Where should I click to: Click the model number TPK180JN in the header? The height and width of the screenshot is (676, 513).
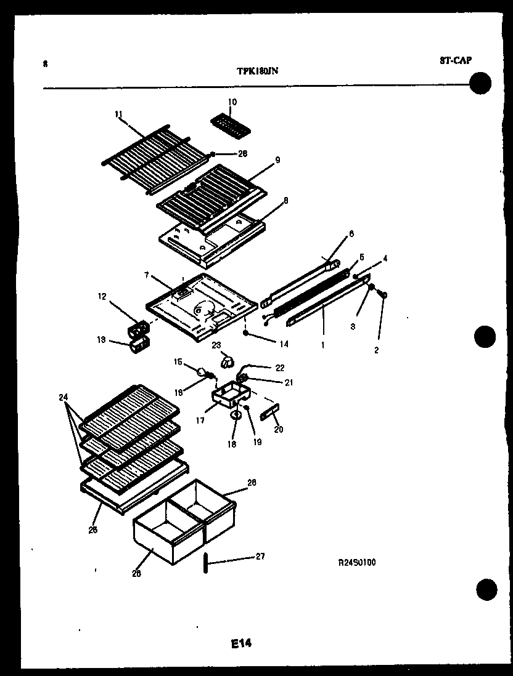[x=257, y=70]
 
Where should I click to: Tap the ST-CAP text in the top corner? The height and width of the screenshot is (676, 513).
[x=456, y=60]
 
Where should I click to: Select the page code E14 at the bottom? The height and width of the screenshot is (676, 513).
[x=242, y=644]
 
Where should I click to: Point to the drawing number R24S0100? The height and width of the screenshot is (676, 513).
[x=357, y=561]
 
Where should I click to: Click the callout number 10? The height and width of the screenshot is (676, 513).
[x=232, y=102]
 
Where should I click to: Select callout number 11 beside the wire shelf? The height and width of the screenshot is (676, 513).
[x=118, y=113]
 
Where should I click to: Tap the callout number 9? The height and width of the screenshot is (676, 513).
[x=277, y=160]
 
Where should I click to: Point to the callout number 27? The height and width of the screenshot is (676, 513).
[x=260, y=557]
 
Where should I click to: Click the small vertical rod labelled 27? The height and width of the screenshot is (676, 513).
[x=203, y=563]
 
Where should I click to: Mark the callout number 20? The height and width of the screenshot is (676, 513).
[x=279, y=429]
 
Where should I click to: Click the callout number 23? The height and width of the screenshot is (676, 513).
[x=217, y=345]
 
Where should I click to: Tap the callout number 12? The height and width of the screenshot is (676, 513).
[x=102, y=297]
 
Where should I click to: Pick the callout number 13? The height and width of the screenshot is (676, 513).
[x=102, y=340]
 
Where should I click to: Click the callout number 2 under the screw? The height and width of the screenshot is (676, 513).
[x=377, y=350]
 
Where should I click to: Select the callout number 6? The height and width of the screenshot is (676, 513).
[x=351, y=234]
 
